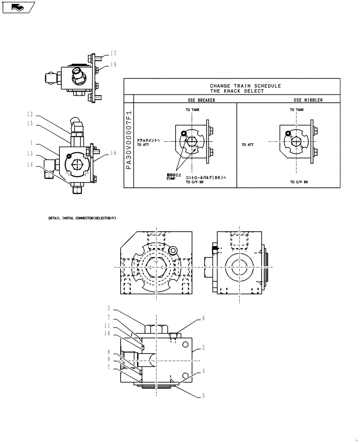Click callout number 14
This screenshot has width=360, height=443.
coord(31,164)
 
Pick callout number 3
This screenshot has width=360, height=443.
coord(109,307)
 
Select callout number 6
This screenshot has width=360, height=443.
coord(203,318)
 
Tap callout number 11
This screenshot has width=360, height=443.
coord(108,325)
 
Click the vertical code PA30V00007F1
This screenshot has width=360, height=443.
coord(129,142)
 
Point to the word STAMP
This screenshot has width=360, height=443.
coord(171,179)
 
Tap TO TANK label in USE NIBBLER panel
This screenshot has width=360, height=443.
coord(297,109)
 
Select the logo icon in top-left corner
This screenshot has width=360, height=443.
coord(18,7)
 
